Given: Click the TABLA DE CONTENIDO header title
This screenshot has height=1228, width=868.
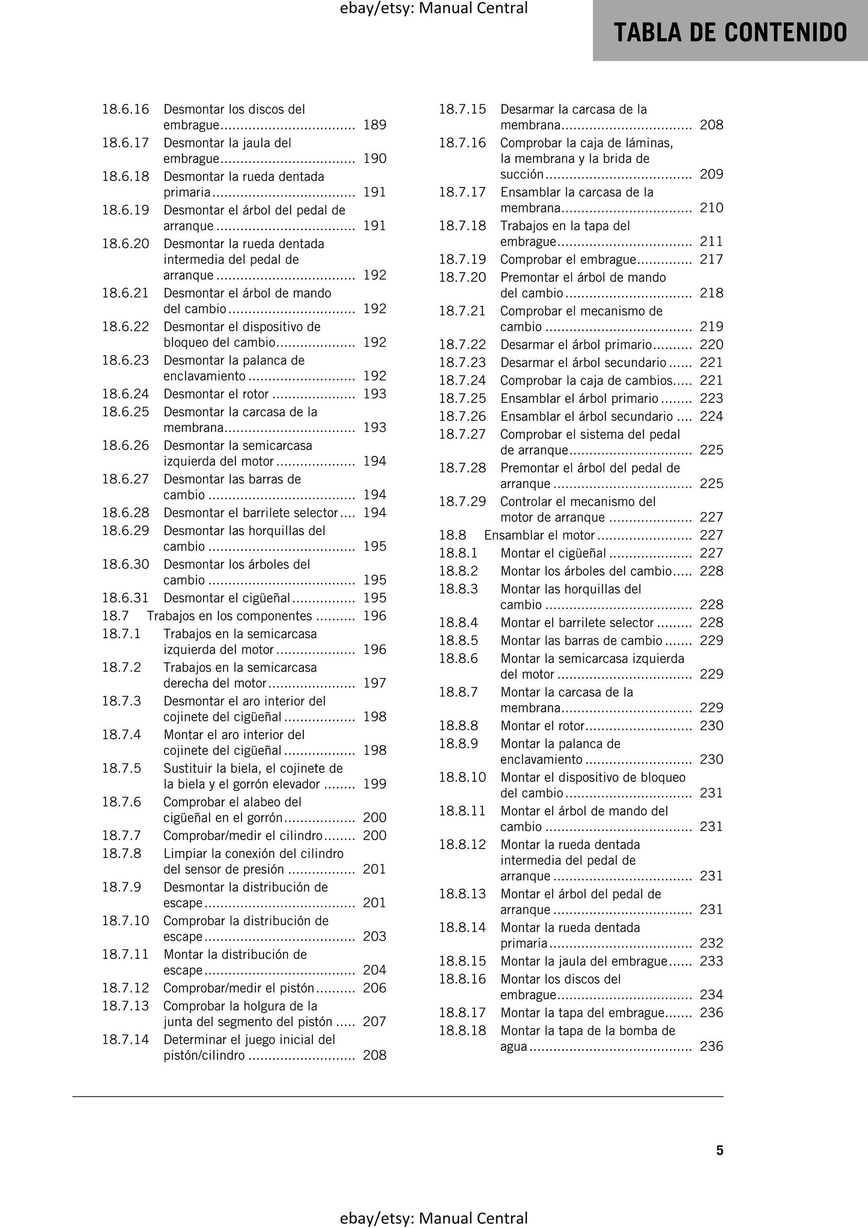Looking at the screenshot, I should pyautogui.click(x=730, y=32).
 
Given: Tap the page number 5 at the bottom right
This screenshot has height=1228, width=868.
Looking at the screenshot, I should pyautogui.click(x=720, y=1151).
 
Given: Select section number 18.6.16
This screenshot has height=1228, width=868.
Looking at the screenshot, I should pyautogui.click(x=125, y=109).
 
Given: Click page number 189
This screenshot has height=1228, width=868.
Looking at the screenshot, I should pyautogui.click(x=375, y=125).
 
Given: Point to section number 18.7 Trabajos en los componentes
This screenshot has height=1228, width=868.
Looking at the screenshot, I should pyautogui.click(x=115, y=616).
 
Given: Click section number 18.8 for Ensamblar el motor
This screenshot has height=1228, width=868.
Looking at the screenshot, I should pyautogui.click(x=452, y=535).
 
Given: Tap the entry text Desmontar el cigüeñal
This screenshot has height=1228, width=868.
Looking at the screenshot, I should pyautogui.click(x=227, y=597).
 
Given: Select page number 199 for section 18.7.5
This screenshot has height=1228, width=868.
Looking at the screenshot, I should pyautogui.click(x=375, y=784).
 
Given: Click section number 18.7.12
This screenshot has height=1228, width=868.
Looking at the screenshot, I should pyautogui.click(x=125, y=988).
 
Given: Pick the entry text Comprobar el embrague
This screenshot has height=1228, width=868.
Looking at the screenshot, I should pyautogui.click(x=568, y=259).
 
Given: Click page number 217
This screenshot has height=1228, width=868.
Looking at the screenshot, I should pyautogui.click(x=711, y=259).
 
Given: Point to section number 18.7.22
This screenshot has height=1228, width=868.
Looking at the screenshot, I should pyautogui.click(x=462, y=345).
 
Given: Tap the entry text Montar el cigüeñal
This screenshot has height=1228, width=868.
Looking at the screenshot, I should pyautogui.click(x=553, y=553).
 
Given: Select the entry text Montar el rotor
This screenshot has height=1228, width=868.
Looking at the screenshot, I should pyautogui.click(x=542, y=725).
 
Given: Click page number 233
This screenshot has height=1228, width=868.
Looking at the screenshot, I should pyautogui.click(x=711, y=961).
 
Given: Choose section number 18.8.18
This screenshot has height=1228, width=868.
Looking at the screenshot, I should pyautogui.click(x=462, y=1030).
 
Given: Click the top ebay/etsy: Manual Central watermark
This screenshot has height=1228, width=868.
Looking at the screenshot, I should pyautogui.click(x=434, y=8).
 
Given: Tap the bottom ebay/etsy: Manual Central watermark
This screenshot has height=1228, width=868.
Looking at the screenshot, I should pyautogui.click(x=434, y=1218).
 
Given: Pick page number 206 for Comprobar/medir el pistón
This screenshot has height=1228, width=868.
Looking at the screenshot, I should pyautogui.click(x=375, y=988).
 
